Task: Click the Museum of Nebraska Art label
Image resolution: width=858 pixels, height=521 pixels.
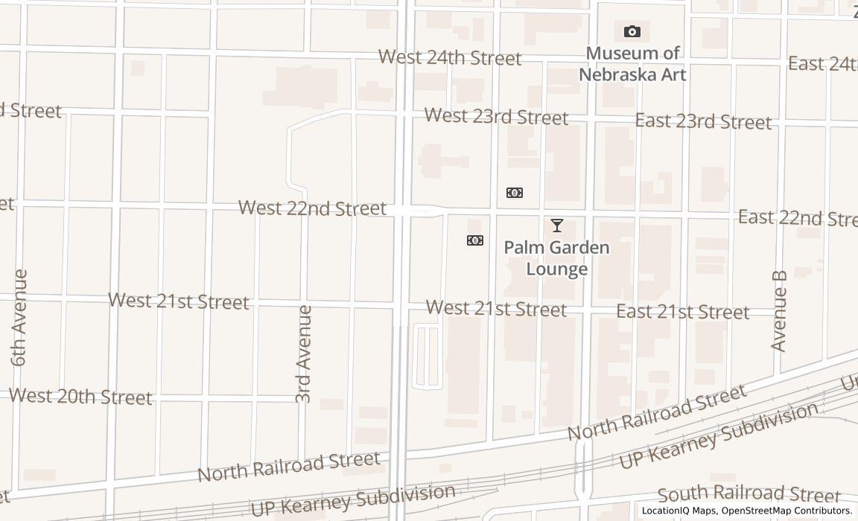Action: coord(632,64)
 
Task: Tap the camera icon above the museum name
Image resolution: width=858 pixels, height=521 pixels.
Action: coord(632,31)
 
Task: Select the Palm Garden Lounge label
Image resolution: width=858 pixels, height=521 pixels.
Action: coord(556,258)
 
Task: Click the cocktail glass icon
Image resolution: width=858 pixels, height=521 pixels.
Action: coord(556,225)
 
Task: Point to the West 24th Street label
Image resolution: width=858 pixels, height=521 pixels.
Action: coord(450,57)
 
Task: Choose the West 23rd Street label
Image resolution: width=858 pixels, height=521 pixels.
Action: coord(496,117)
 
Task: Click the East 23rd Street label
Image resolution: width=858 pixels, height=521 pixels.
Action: coord(702,121)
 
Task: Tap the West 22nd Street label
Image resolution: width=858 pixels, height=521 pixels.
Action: coord(312,208)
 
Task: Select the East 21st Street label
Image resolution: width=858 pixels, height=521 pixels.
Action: coord(682,312)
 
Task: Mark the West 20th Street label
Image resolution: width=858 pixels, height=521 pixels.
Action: coord(80,396)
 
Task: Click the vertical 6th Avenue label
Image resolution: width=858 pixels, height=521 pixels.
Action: coord(19,318)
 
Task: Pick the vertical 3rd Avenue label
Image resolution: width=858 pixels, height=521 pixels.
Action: coord(303,354)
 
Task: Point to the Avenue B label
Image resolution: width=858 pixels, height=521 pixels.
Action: coord(779,310)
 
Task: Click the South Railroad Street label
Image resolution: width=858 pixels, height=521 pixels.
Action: coord(749,493)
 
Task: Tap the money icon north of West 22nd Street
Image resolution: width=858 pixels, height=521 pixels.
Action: coord(514,193)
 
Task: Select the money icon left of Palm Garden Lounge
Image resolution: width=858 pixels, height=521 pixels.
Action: coord(474,240)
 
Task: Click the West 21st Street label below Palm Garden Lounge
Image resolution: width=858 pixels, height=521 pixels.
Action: coord(496,308)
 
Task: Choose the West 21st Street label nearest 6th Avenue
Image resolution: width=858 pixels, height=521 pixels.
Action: coord(179,301)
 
